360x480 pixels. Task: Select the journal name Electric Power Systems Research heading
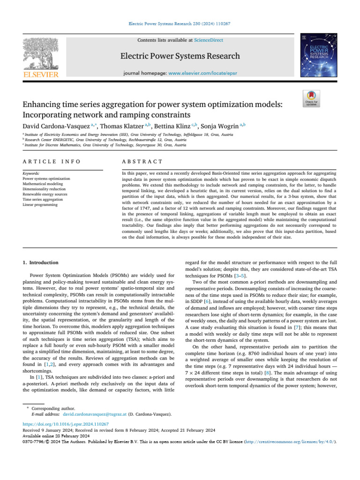point(180,56)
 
